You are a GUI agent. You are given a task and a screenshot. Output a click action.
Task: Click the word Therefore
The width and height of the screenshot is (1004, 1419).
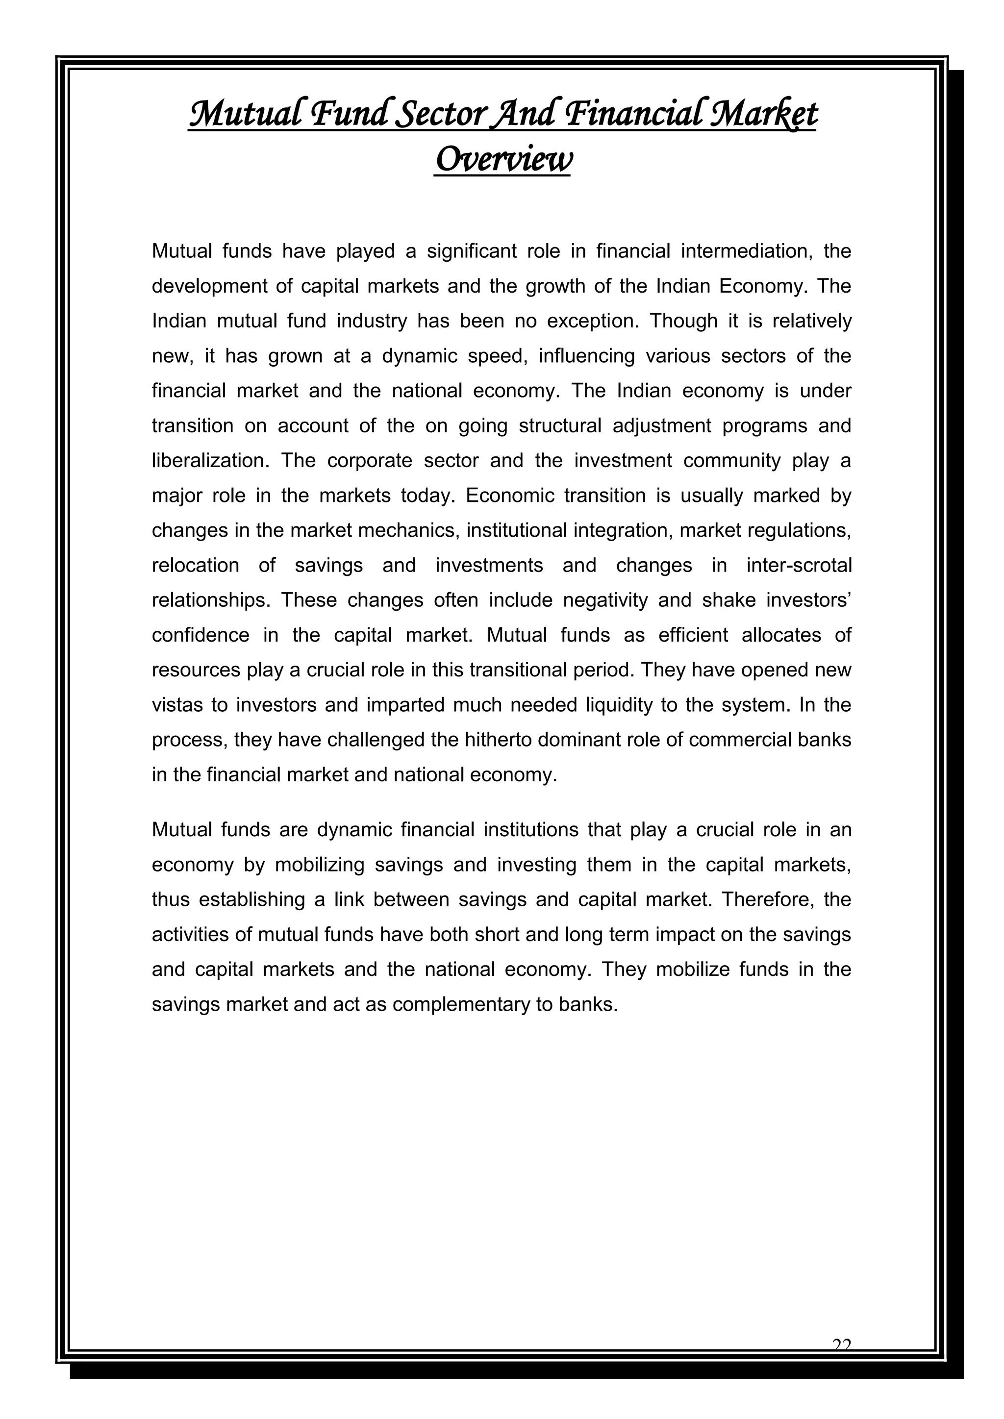coord(767,900)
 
